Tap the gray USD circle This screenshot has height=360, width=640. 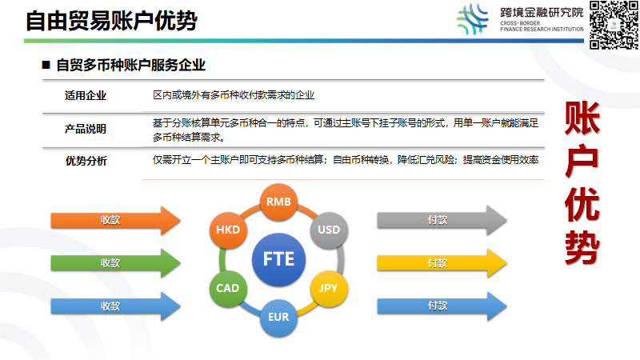(329, 230)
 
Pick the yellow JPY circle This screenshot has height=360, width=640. (329, 287)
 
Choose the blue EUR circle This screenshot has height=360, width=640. (278, 316)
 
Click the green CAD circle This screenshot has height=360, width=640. (227, 287)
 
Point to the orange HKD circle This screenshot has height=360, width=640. (227, 230)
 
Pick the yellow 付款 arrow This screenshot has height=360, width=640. (441, 262)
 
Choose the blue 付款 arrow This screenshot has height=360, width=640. (441, 305)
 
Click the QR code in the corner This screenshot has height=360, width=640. (612, 25)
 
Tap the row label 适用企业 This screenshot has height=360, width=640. (86, 95)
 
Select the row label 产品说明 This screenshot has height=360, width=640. (86, 129)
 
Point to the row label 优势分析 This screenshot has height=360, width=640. (86, 160)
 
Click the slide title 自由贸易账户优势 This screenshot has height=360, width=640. (111, 20)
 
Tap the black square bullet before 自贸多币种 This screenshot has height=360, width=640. (46, 65)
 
